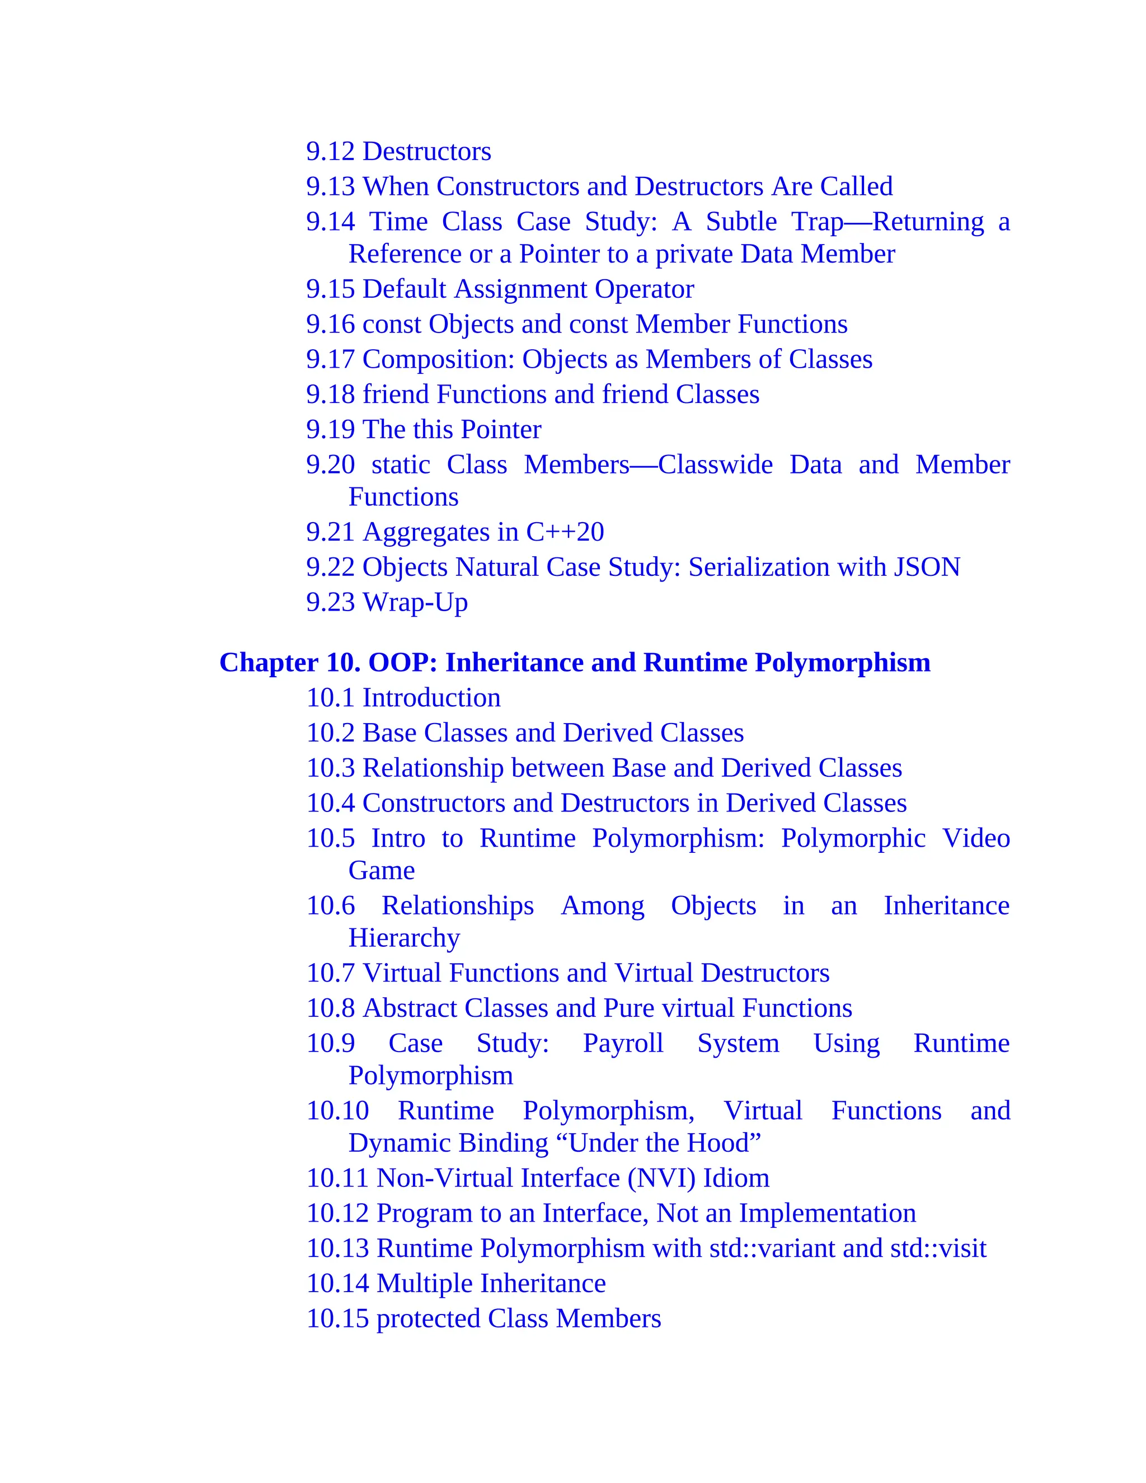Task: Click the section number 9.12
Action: pyautogui.click(x=330, y=152)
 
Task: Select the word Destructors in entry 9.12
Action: pyautogui.click(x=427, y=152)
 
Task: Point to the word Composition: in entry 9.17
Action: pyautogui.click(x=439, y=360)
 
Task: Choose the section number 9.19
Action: pyautogui.click(x=330, y=430)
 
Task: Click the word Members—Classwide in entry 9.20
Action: pyautogui.click(x=647, y=465)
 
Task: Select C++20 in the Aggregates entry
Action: pyautogui.click(x=565, y=532)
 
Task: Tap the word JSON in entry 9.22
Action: pyautogui.click(x=927, y=567)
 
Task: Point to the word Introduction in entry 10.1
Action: pyautogui.click(x=432, y=698)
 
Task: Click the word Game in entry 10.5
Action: pyautogui.click(x=382, y=871)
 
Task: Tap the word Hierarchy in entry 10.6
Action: pyautogui.click(x=404, y=938)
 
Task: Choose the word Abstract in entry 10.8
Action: pyautogui.click(x=410, y=1008)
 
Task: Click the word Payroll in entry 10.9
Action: pyautogui.click(x=623, y=1044)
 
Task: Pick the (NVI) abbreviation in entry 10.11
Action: pyautogui.click(x=661, y=1178)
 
